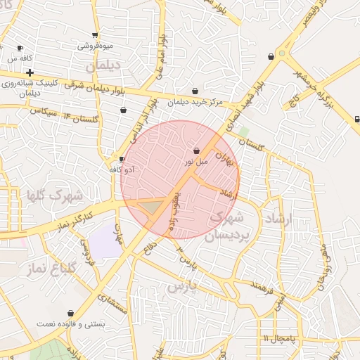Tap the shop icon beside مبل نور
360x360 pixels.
pos(195,150)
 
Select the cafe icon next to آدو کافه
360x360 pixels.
pos(122,159)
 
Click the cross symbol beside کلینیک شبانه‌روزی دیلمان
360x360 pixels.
pos(30,72)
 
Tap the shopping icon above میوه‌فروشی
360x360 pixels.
pos(95,35)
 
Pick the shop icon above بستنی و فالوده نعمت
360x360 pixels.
pos(70,313)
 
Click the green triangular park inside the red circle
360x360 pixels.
pos(153,207)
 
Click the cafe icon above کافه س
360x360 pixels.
pos(20,49)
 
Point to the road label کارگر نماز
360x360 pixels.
pos(78,217)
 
